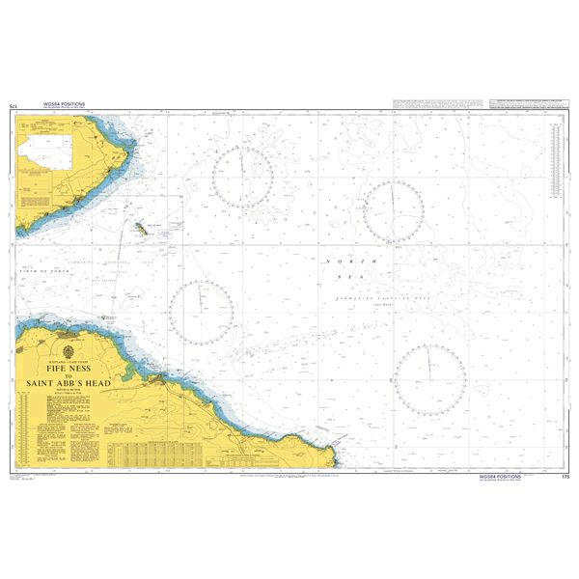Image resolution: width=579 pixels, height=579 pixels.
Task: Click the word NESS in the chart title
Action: click(82, 368)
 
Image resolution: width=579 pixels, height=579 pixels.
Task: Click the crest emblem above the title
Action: click(67, 348)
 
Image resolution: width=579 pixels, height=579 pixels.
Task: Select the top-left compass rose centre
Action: click(243, 178)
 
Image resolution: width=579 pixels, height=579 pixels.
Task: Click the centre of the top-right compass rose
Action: click(393, 210)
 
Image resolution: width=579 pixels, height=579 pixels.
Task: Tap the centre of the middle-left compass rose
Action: click(201, 311)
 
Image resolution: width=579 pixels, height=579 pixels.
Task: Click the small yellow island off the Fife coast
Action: click(142, 230)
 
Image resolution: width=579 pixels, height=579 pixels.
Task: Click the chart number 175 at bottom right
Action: click(565, 476)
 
